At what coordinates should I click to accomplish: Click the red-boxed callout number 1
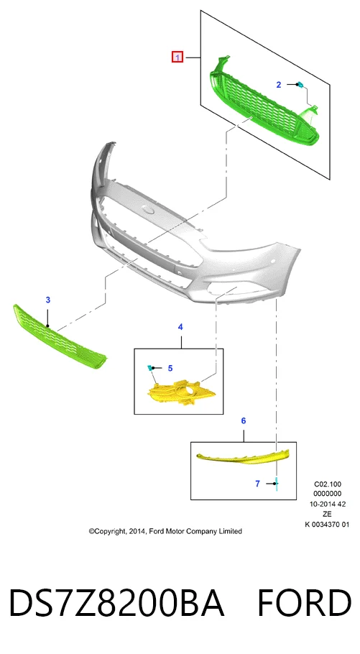coord(177,57)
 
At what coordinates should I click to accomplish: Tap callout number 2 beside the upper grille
coord(279,85)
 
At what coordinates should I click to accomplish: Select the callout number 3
coord(48,300)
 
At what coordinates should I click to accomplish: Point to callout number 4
coord(180,327)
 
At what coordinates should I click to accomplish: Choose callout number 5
coord(170,368)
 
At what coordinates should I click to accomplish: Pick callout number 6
coord(244,420)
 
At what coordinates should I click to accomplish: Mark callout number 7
coord(257,484)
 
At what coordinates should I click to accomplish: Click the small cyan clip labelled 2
coord(300,85)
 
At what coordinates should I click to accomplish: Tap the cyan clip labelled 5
coord(149,367)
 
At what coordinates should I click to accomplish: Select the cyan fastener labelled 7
coord(277,484)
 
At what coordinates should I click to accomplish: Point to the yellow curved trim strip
coord(242,457)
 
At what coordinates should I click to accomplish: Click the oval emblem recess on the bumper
coord(149,209)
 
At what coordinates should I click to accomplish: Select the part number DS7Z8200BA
coord(116,603)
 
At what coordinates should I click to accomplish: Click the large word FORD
coord(304,603)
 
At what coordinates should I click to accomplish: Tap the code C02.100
coord(328,484)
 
